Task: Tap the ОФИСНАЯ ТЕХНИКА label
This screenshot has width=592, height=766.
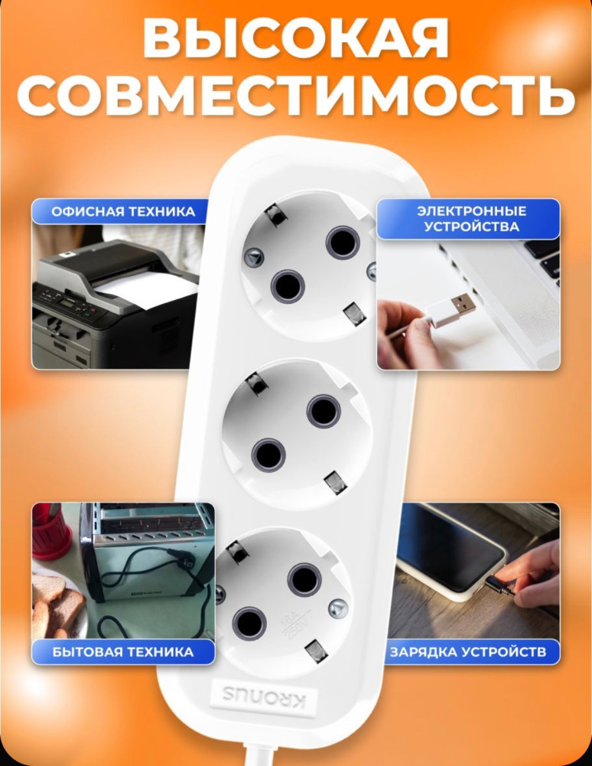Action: point(122,211)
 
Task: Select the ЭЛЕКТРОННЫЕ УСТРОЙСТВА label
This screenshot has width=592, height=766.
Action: point(467,218)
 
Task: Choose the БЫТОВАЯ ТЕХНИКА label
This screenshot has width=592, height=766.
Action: point(122,652)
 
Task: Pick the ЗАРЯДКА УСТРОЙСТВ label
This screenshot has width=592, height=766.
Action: point(467,652)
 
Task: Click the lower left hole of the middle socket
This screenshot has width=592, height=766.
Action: point(268,455)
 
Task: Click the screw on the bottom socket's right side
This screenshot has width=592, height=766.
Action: point(337,608)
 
